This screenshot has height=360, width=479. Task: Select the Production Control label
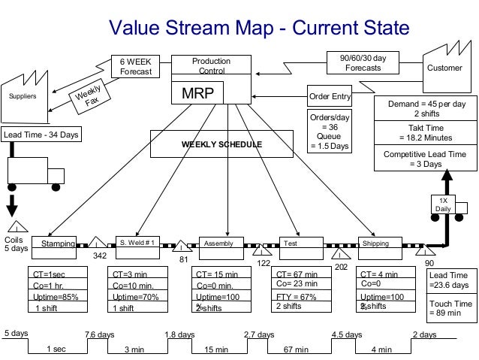click(211, 65)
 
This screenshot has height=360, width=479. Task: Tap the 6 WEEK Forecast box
click(136, 66)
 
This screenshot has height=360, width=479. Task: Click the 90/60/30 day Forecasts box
click(363, 62)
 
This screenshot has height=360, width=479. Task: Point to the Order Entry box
click(330, 96)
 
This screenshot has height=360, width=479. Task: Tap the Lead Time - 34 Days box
click(41, 135)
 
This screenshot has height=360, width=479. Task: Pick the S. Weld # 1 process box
click(140, 243)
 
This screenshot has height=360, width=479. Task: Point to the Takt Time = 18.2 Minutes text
click(420, 133)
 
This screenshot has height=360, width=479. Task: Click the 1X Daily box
click(443, 204)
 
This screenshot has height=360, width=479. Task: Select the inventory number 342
click(99, 256)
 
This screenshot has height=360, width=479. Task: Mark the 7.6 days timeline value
click(100, 334)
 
